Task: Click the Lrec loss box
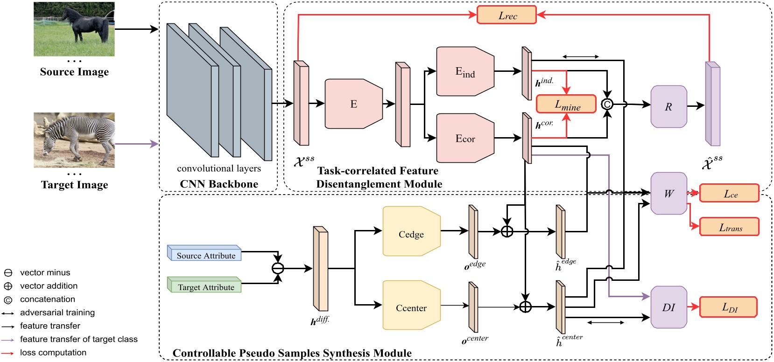[507, 15]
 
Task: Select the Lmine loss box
[566, 104]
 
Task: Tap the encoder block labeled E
[353, 104]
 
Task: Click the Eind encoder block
[465, 71]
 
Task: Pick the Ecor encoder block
[465, 138]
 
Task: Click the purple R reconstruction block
[668, 106]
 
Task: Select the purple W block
[668, 193]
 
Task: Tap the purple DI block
[668, 307]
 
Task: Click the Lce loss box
[730, 193]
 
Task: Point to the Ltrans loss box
[730, 227]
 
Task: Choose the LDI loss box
[729, 307]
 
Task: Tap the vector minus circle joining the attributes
[278, 268]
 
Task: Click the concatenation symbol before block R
[607, 104]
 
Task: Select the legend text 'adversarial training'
[57, 313]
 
